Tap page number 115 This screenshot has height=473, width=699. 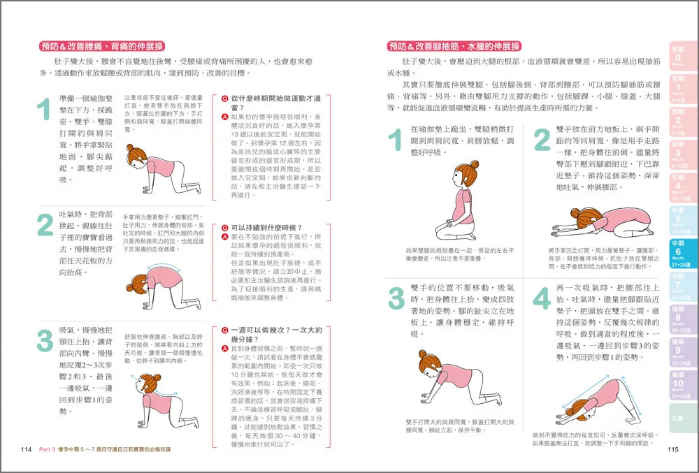(673, 450)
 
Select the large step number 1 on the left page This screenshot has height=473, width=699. (44, 110)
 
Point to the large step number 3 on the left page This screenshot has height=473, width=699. (44, 340)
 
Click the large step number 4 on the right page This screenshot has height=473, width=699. (542, 298)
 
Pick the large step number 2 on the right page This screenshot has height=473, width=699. (542, 140)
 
